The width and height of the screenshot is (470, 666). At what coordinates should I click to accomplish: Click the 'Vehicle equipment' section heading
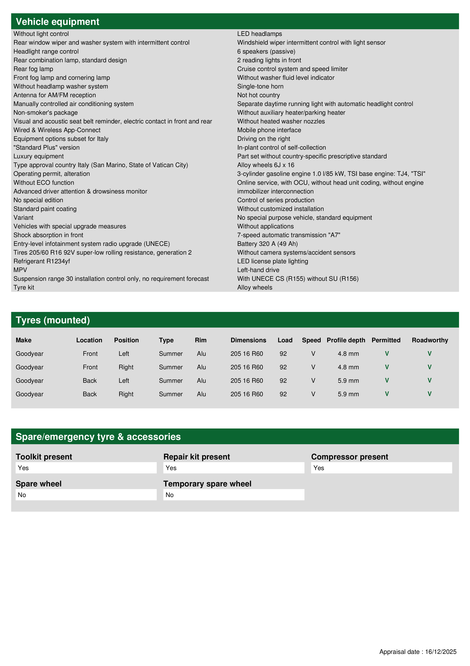57,22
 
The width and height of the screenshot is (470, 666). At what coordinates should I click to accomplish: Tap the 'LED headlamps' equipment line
259,34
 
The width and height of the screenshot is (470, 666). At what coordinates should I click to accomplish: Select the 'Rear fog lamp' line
33,69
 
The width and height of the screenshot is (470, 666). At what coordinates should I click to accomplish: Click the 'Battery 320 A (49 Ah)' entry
267,244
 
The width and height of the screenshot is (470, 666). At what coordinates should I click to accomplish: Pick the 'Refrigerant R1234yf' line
42,261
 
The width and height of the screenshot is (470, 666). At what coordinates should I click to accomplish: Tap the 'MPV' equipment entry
20,270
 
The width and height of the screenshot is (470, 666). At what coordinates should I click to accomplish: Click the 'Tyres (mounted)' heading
53,320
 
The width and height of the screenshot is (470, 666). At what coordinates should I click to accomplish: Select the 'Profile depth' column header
346,340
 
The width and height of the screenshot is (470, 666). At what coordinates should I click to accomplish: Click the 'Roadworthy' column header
430,340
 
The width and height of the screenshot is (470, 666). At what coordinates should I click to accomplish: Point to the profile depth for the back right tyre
348,394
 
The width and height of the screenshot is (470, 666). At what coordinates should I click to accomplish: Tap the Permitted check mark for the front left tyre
387,354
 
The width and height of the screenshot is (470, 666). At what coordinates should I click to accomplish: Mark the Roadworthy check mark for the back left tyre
429,380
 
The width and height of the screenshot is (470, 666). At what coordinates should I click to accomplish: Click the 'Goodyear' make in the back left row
30,381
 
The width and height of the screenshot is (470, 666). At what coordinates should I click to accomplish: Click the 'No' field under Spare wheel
86,495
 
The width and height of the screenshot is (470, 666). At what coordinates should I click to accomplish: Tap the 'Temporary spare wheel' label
207,484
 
